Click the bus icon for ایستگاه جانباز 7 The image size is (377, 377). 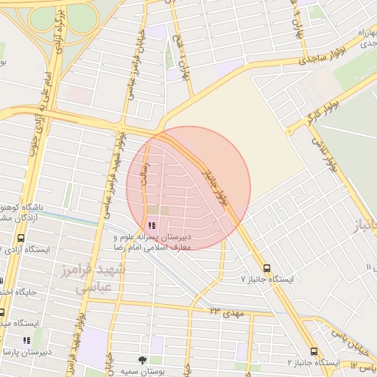pos(267,269)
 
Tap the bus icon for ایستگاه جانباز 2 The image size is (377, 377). pos(314,352)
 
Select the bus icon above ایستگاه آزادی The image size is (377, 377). pos(20,239)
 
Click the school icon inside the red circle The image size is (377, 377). pos(152,225)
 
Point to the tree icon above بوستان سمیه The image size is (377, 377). pos(142,360)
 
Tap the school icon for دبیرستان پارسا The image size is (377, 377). pos(27,340)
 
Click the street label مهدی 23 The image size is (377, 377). pos(225,313)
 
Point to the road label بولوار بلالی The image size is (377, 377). pos(325,154)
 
